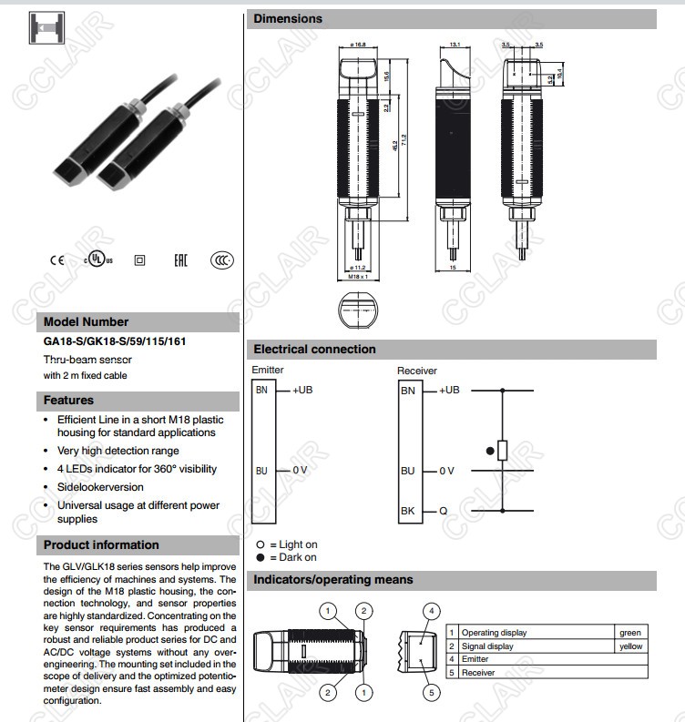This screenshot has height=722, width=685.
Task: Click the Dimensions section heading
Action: click(x=288, y=18)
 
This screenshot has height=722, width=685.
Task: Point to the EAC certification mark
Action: click(x=180, y=260)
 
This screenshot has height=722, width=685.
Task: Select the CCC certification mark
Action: click(x=222, y=260)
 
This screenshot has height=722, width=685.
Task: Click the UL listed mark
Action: click(x=98, y=260)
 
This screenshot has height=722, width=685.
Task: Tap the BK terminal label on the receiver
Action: click(x=407, y=512)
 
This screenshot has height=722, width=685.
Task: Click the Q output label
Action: click(x=443, y=512)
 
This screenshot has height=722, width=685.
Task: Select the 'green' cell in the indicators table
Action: click(x=629, y=632)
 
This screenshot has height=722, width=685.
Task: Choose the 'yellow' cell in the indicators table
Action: click(x=629, y=646)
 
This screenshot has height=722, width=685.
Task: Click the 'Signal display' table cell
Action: click(x=487, y=646)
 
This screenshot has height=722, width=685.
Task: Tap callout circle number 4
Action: click(x=433, y=611)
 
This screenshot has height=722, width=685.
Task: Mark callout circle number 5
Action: click(x=433, y=693)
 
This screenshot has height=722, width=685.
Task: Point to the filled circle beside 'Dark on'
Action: click(x=260, y=557)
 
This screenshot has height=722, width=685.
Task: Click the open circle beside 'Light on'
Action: click(x=260, y=544)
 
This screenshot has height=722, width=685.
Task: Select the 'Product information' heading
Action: click(x=101, y=545)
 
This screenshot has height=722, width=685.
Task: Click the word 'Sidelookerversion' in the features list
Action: click(x=101, y=487)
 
